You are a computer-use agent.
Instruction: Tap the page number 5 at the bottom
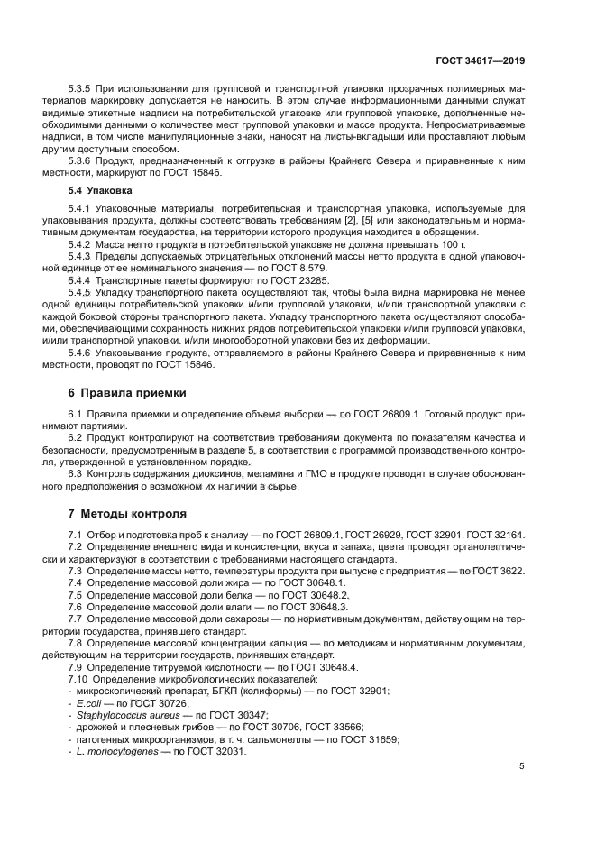(522, 767)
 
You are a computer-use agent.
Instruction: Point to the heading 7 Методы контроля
(127, 514)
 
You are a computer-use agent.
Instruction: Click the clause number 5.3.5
(85, 90)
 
